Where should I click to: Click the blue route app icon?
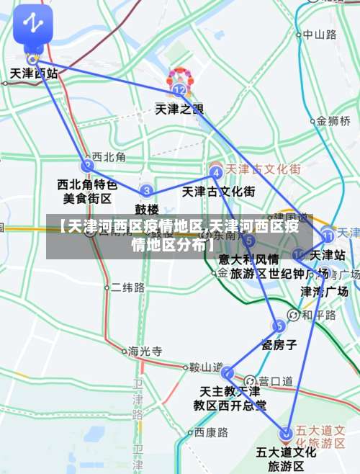click(x=32, y=24)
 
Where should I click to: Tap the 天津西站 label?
click(x=34, y=73)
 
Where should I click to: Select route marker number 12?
click(x=179, y=90)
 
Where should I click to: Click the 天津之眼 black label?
click(x=179, y=109)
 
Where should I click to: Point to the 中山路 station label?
click(x=319, y=34)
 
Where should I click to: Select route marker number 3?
click(x=147, y=191)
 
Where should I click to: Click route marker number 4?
click(x=215, y=172)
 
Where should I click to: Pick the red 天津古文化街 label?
click(x=263, y=169)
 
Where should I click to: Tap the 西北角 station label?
click(x=109, y=156)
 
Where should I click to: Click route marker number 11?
click(x=328, y=234)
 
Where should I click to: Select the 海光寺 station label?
click(x=145, y=352)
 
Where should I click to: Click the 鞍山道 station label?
click(x=205, y=367)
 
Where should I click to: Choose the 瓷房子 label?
click(x=279, y=344)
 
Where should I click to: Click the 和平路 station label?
click(x=319, y=315)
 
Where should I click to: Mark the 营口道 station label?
click(x=276, y=380)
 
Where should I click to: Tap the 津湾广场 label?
click(x=324, y=292)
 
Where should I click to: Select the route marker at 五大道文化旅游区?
click(x=287, y=434)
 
